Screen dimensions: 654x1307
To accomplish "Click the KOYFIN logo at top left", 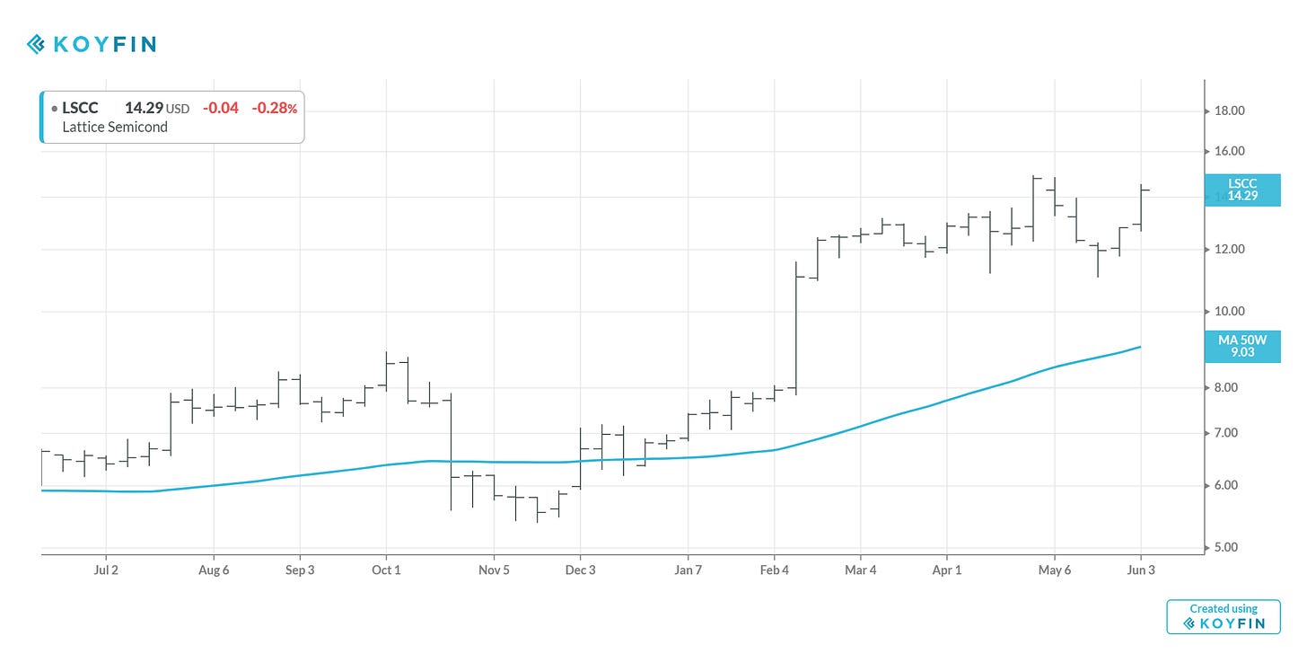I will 91,43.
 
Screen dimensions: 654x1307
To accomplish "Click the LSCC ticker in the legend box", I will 80,108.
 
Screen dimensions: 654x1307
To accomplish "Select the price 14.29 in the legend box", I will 144,108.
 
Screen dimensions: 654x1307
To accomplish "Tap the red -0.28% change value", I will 274,108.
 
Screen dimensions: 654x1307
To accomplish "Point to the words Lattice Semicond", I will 115,128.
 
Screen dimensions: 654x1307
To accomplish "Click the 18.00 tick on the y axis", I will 1228,111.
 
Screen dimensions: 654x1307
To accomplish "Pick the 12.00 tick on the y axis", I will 1228,249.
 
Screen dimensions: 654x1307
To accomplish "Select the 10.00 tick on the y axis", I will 1228,311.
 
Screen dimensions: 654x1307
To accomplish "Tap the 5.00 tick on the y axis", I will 1228,547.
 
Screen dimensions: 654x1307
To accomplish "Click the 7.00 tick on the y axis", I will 1228,433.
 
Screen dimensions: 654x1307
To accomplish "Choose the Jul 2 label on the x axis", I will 106,570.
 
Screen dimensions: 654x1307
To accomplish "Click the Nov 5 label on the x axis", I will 494,570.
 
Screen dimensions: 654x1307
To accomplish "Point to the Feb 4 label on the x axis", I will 774,570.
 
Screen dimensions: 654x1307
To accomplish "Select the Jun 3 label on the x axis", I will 1141,570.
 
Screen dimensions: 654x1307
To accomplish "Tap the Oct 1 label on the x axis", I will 386,570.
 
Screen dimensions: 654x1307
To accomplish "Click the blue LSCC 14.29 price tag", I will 1242,190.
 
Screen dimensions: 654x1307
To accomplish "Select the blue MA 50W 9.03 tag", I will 1242,346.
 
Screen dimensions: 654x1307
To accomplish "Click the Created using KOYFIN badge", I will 1223,616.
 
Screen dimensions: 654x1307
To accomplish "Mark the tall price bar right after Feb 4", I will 796,328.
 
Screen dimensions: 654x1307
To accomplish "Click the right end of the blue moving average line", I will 1140,347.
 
